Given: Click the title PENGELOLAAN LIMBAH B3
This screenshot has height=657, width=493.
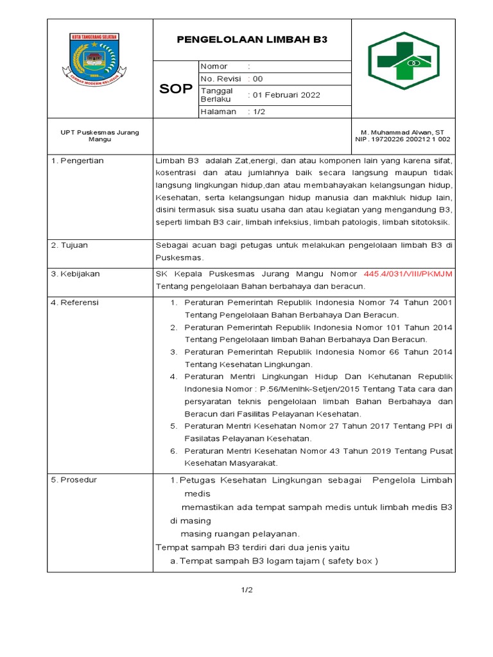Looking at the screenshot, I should coord(252,39).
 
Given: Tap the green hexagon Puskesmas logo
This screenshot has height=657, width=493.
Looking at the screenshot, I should coord(403,60).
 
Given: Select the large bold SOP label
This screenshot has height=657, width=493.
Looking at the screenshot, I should coord(176,89).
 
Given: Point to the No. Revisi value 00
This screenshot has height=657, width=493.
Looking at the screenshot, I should coord(257,79).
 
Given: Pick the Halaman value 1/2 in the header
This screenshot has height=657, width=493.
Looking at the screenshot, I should coord(258,112).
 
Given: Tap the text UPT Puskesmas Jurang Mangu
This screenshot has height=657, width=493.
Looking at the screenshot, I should coord(99,135).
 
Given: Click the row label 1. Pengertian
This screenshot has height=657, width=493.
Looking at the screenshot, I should coord(77,160).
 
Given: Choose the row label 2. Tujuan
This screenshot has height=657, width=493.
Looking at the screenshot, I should coord(70,245).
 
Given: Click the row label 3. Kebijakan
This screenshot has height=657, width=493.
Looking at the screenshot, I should coord(75,274).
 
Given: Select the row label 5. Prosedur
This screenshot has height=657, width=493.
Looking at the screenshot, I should coord(74,480).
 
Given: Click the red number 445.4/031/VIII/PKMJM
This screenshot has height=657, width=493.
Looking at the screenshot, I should coord(408,274).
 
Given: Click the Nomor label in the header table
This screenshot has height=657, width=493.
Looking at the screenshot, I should coord(214,67).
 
